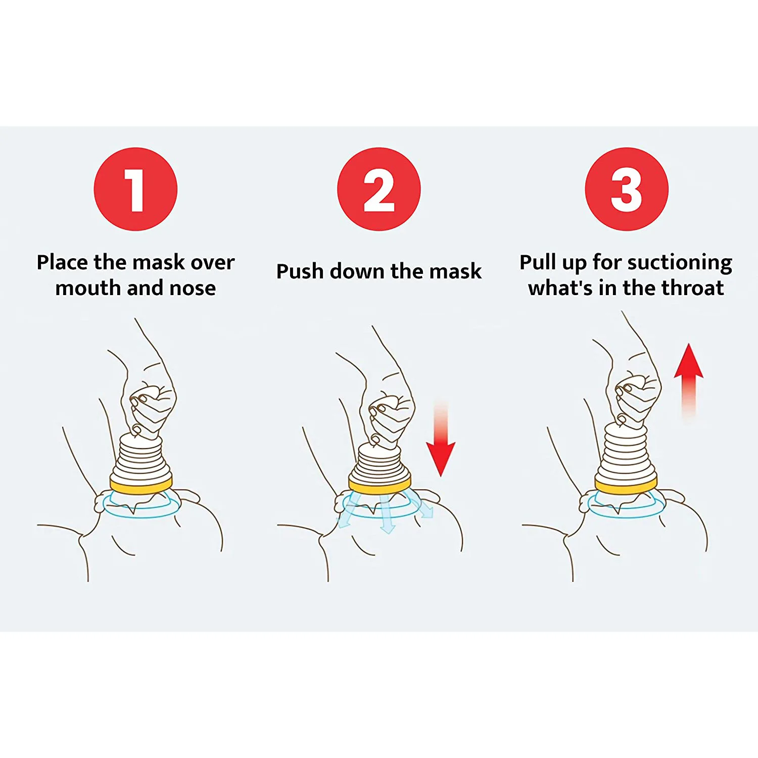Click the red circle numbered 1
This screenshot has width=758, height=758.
135,189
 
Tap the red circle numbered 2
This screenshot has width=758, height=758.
378,189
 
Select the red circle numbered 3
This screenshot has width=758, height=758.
626,189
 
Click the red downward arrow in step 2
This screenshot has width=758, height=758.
441,445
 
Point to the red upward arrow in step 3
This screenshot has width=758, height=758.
688,374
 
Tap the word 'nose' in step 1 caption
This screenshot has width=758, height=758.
193,289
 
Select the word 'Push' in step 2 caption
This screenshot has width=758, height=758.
300,272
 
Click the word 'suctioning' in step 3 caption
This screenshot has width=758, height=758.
680,263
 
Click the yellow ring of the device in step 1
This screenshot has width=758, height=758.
141,486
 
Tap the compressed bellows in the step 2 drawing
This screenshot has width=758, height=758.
380,462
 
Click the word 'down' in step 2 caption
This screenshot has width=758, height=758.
357,272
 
